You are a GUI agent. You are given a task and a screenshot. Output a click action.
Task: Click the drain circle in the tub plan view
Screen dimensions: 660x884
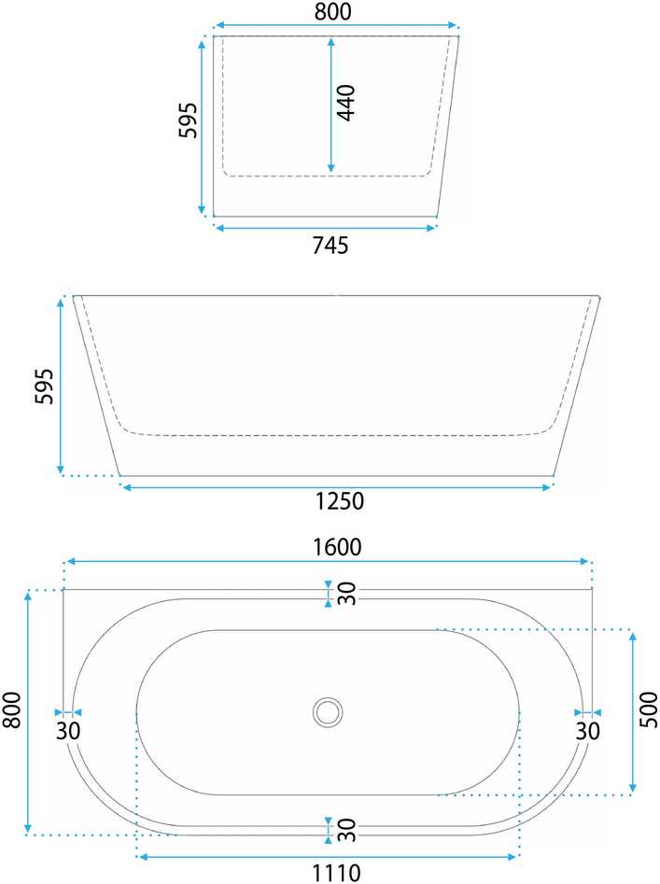(328, 712)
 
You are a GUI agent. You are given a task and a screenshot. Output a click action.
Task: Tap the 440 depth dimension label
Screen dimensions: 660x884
(346, 103)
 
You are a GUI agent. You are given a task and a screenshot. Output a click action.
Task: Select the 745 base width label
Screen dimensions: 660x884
(330, 246)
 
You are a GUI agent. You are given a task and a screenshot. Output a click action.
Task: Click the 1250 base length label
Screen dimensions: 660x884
(339, 500)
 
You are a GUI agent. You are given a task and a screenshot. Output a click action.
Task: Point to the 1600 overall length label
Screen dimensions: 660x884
(337, 546)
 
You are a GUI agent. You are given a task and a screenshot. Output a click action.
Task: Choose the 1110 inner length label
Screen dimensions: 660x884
(336, 874)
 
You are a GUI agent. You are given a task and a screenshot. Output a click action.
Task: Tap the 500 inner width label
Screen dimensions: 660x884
(649, 709)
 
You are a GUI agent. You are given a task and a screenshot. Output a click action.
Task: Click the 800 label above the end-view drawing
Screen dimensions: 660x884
(332, 11)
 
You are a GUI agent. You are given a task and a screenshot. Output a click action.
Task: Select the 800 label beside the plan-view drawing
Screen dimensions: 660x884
(12, 709)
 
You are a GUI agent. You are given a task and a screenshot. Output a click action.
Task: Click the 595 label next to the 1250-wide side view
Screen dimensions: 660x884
(44, 386)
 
